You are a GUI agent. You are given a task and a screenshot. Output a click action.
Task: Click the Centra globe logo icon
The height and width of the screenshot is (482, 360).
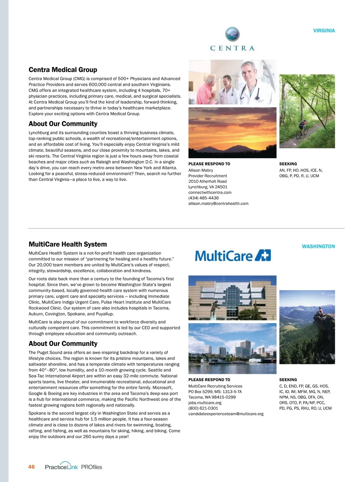232,34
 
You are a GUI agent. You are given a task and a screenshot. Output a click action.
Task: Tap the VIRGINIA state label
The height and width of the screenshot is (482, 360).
324,31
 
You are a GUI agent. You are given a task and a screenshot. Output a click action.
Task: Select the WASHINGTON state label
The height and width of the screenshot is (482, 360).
318,246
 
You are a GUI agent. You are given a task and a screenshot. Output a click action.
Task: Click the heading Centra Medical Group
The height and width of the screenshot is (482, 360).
63,70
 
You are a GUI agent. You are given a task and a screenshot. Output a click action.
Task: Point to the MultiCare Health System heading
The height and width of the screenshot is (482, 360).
67,244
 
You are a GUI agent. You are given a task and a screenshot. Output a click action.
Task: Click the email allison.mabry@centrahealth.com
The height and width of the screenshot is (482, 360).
218,203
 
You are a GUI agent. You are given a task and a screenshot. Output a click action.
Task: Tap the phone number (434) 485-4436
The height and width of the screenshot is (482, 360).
203,198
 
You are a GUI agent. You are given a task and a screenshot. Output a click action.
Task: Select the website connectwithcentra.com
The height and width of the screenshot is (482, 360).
210,192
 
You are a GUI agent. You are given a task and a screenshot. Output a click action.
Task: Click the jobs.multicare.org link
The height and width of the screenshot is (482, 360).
205,403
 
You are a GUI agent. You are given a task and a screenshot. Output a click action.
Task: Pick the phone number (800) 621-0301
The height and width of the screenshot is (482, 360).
203,408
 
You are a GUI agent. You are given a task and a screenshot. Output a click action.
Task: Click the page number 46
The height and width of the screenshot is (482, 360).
31,467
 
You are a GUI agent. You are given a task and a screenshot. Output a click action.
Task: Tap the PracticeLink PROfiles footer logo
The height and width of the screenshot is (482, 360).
73,467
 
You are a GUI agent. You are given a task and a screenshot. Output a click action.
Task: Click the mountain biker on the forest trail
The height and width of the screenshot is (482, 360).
301,130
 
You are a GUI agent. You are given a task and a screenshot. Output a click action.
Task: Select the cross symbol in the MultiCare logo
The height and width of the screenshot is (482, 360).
263,255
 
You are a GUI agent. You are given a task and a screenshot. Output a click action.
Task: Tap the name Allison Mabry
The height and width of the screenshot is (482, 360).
200,170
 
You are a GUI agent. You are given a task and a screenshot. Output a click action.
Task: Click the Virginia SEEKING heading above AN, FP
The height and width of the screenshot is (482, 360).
288,164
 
